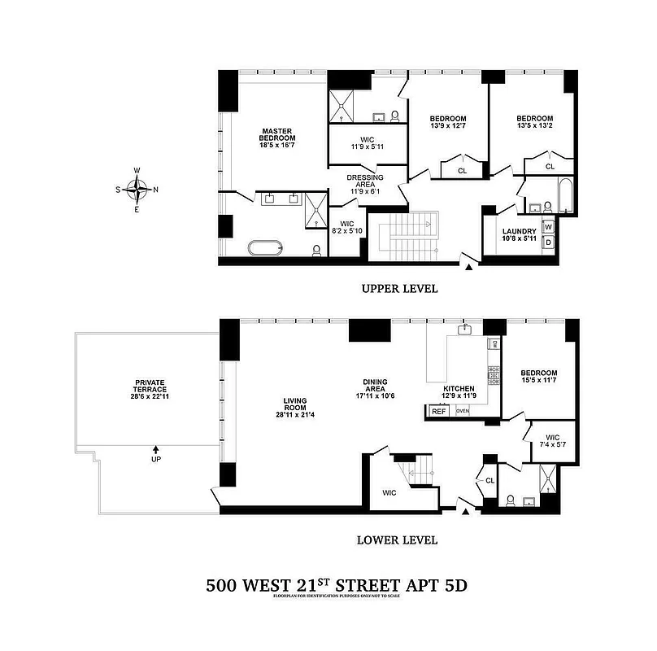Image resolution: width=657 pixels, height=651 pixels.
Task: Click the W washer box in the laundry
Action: coord(548,227)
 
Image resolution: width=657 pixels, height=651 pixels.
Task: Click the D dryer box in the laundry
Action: coord(548,242)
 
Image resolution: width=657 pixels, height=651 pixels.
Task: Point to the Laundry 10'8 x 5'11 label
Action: coord(519,235)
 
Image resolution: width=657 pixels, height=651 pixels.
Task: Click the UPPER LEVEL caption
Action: coord(399,289)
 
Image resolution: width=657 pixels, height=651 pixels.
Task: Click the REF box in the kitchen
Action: coord(439,411)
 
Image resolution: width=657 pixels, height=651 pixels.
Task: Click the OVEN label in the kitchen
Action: coord(463,411)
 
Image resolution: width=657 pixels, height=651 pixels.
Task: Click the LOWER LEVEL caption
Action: coord(398,540)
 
